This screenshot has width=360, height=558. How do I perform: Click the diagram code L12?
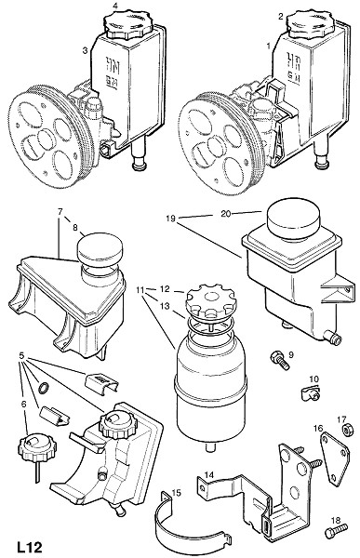click(x=30, y=547)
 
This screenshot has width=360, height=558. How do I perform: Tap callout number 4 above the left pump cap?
click(x=115, y=6)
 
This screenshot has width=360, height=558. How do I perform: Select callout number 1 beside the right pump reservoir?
click(x=269, y=46)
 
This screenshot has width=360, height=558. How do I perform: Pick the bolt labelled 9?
click(x=280, y=360)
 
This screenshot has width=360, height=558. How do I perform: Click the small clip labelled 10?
click(x=308, y=392)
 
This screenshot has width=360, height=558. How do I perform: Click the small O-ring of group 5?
click(x=44, y=388)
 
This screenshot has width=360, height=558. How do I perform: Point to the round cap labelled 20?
click(x=293, y=219)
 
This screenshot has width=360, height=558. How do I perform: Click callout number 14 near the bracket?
click(x=209, y=474)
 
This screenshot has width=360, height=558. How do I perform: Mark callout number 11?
click(x=140, y=289)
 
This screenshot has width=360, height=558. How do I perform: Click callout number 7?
click(x=60, y=211)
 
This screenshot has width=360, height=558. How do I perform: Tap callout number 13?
click(x=164, y=306)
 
